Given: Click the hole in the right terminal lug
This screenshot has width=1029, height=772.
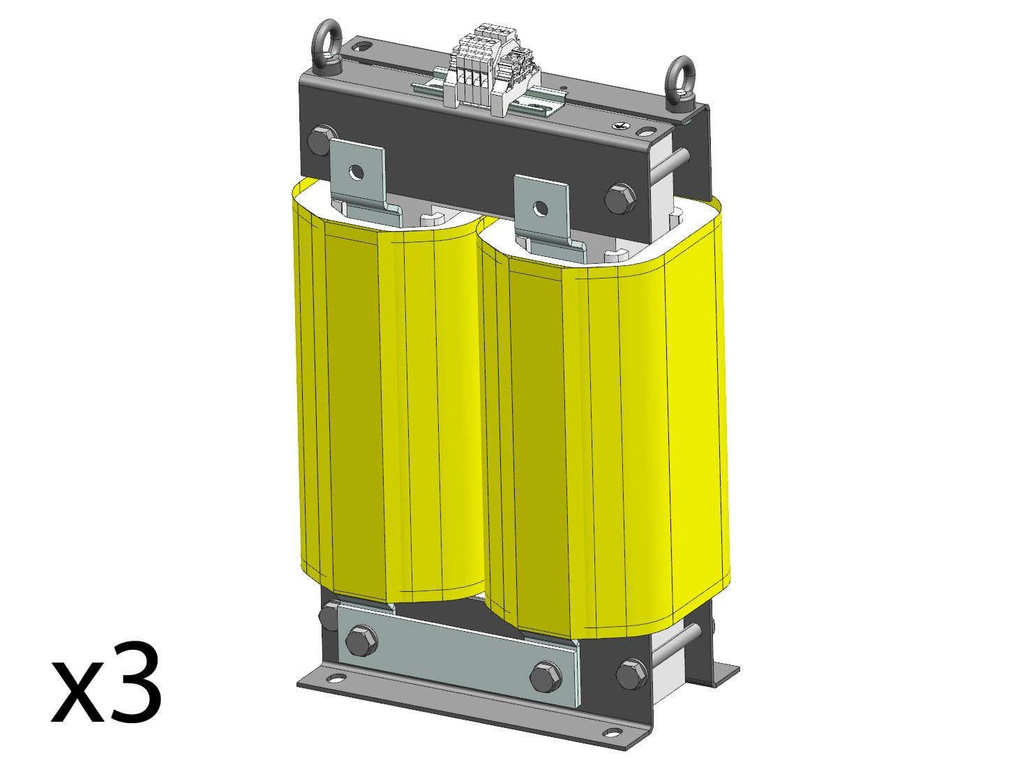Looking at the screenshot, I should [539, 207].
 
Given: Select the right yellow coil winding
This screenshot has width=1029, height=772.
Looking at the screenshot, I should [607, 447].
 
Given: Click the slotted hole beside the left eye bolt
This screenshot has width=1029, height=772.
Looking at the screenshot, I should [363, 48].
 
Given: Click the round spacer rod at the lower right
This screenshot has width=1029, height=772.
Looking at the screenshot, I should [687, 636].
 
